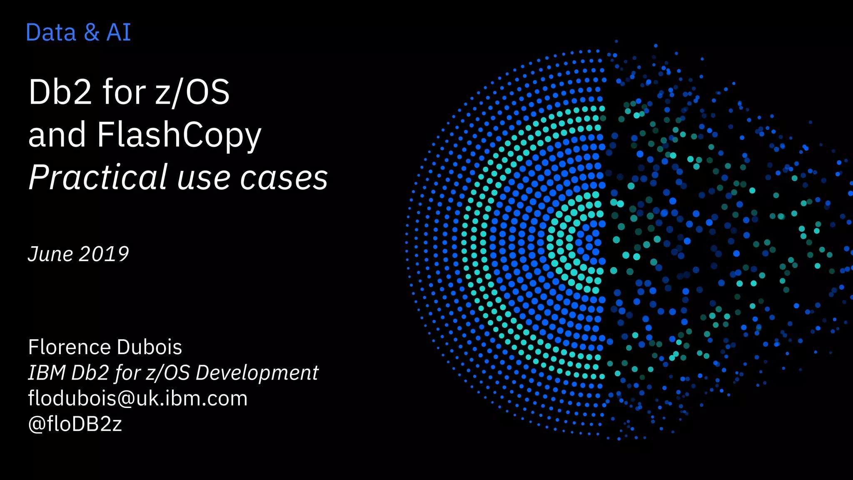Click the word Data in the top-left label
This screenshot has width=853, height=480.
pos(51,32)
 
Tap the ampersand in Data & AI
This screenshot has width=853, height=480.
pos(91,32)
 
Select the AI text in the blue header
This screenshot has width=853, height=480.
pos(119,32)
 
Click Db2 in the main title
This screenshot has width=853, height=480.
pos(60,92)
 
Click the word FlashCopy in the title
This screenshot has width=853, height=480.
pos(179,135)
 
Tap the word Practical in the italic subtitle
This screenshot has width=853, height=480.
pos(98,177)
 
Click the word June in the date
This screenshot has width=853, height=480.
pos(50,254)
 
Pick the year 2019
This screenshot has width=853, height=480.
pos(104,254)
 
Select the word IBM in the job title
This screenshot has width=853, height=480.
pos(47,372)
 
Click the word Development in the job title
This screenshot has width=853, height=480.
pos(257,372)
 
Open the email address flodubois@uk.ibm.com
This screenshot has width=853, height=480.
pos(138,398)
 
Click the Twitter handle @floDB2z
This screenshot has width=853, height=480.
pos(75,424)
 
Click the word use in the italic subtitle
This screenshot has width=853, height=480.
pos(203,178)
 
